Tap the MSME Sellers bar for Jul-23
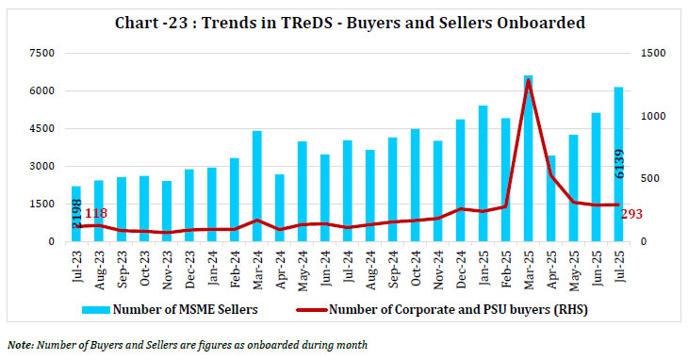pos(76,214)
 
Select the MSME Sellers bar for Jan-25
pos(483,173)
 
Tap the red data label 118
pos(96,216)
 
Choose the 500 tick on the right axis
pos(651,179)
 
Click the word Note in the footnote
pos(20,346)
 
